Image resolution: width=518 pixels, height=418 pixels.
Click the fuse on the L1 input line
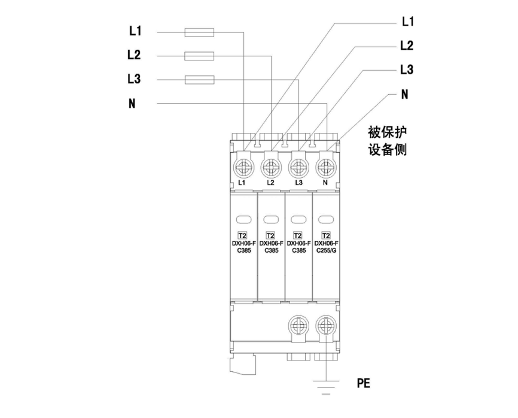200,32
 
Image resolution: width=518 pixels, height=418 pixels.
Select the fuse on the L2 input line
200,56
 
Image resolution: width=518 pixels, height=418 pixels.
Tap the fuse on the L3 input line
200,79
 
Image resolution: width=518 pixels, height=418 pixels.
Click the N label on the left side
132,104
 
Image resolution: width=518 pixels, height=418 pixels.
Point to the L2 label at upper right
407,46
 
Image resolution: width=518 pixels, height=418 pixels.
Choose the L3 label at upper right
407,69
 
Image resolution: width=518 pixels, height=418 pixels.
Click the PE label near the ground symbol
363,383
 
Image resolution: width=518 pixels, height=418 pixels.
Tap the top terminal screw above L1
243,164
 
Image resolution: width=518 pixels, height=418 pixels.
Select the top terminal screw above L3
298,164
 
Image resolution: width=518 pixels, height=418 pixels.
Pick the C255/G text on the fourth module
326,250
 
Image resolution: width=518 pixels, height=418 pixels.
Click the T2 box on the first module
243,235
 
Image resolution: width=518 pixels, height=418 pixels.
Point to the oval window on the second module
270,219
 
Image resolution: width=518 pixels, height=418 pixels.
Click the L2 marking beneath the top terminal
270,181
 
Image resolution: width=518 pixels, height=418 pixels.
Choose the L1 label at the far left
134,31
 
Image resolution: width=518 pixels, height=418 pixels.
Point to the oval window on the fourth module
326,219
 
